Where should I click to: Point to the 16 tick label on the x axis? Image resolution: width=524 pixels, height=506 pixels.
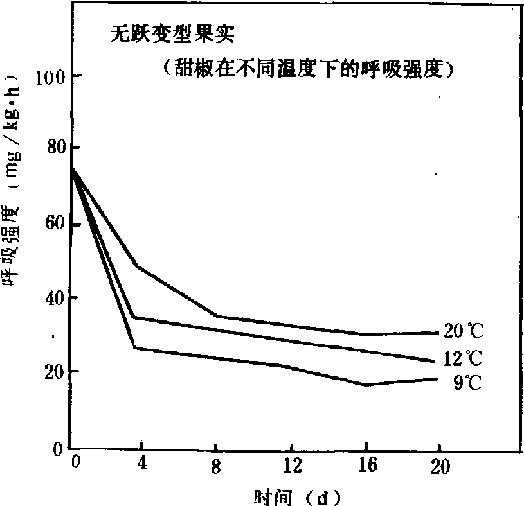(366, 467)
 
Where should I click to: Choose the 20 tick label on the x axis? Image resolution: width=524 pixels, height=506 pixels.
(440, 467)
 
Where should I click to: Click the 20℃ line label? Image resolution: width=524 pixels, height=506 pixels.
(461, 333)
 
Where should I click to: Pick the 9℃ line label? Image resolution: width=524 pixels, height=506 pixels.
(465, 383)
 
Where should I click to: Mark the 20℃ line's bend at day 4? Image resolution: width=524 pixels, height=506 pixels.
(138, 266)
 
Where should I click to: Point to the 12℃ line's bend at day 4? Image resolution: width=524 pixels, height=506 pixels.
(133, 317)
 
